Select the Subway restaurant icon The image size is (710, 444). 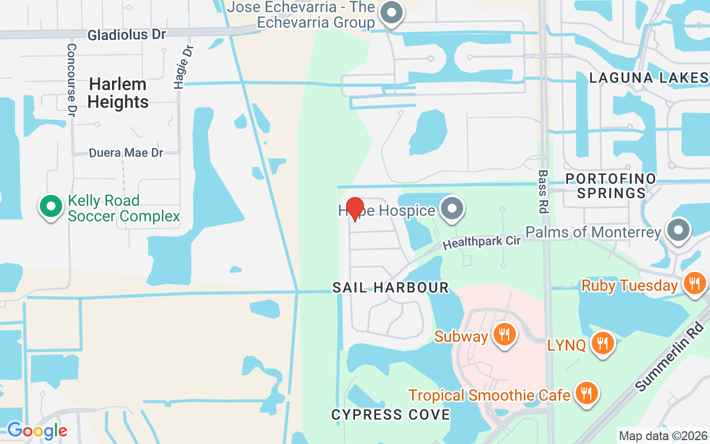pos(504,335)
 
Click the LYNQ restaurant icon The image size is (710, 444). pos(601,343)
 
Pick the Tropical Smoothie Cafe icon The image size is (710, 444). pos(585,393)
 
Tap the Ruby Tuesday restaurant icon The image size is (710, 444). pos(693,284)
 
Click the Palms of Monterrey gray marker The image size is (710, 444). pos(677,230)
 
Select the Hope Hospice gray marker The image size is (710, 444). pos(452,209)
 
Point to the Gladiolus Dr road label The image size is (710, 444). pos(126,34)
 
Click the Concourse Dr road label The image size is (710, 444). pos(71,80)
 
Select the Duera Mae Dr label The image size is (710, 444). pos(126,153)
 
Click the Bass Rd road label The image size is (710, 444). pos(542,191)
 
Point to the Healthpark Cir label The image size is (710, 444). pos(481,243)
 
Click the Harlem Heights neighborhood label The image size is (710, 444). pos(118,93)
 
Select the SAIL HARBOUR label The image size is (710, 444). pos(390,287)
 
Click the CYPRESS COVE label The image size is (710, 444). pos(390,415)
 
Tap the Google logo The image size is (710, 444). pos(37,431)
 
